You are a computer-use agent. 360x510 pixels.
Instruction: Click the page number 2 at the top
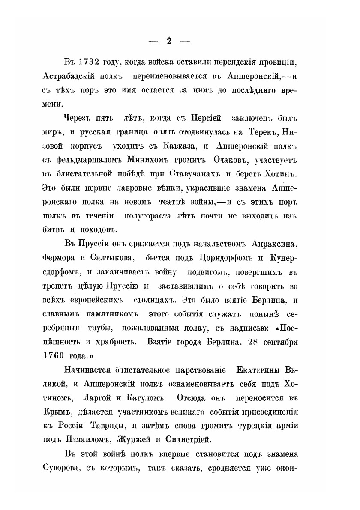[168, 41]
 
